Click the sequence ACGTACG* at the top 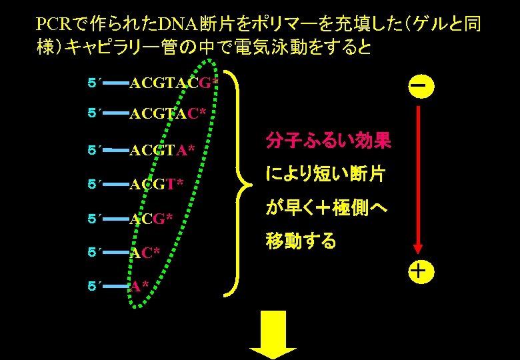173,83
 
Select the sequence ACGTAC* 167,114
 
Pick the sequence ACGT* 156,184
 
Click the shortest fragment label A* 139,287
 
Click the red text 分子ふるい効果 328,141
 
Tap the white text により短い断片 325,175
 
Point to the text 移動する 301,241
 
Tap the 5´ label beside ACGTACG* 94,83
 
